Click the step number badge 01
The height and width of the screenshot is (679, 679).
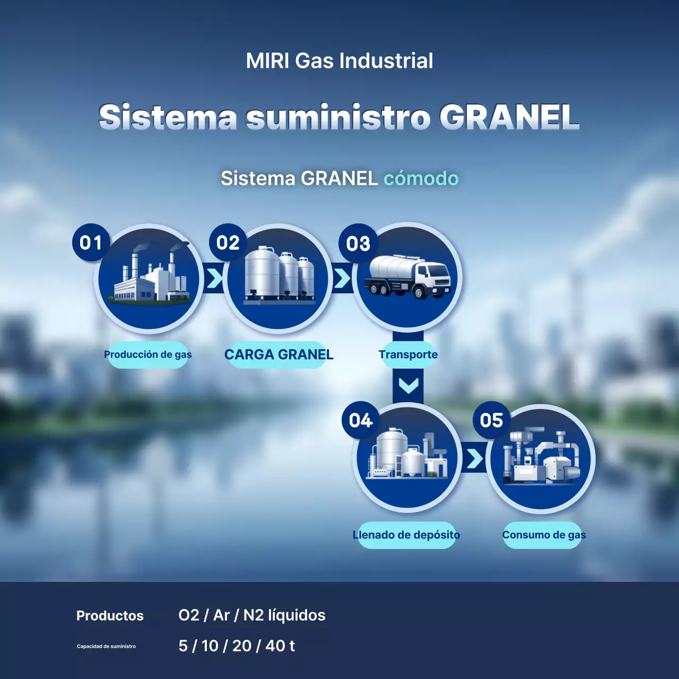[x=91, y=242]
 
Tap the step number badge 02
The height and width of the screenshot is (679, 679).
[x=228, y=242]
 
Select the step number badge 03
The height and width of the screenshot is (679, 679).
[x=358, y=243]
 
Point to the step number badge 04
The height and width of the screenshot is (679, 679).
[x=361, y=420]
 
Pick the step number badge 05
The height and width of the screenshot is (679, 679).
[x=491, y=420]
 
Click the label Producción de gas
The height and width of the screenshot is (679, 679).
[x=147, y=354]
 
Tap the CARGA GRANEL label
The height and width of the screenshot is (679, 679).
[x=278, y=354]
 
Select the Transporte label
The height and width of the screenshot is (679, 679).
[x=408, y=354]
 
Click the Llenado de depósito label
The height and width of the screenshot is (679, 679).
[x=406, y=535]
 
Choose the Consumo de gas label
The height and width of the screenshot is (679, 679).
[x=544, y=535]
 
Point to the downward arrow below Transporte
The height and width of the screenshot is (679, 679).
[x=408, y=385]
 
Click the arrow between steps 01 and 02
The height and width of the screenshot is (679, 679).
[x=214, y=278]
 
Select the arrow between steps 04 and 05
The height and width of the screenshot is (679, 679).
[x=474, y=459]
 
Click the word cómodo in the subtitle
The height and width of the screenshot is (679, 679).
[x=421, y=179]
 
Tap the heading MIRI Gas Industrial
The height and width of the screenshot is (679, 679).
[x=339, y=61]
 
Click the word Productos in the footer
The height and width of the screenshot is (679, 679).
[x=110, y=615]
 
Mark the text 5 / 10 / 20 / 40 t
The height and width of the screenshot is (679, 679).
[x=237, y=646]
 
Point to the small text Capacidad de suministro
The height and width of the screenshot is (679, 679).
[x=106, y=646]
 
